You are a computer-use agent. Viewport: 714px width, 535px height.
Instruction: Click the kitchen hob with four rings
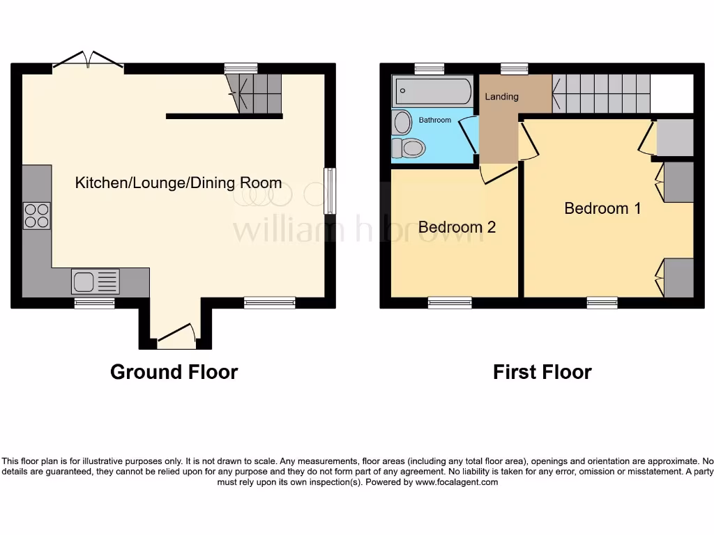point(37,215)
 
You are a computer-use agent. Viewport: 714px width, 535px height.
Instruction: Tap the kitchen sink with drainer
point(96,281)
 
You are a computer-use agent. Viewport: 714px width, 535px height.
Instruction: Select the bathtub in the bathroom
point(433,91)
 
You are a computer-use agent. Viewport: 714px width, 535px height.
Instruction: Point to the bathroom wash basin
point(402,123)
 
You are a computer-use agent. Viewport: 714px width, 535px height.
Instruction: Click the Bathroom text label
point(434,121)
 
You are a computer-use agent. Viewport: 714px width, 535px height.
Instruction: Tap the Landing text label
point(501,97)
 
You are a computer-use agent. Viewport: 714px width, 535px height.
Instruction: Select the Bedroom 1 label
point(602,208)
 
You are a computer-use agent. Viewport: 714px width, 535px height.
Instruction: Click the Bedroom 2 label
point(457,227)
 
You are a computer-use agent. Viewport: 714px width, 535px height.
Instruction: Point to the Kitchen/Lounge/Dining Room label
point(178,183)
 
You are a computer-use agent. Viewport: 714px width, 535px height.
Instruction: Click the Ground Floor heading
point(174,372)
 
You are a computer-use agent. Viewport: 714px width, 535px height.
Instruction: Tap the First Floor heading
point(542,372)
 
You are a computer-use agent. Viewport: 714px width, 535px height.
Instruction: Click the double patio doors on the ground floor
point(88,61)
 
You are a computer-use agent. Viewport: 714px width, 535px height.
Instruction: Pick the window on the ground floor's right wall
point(330,191)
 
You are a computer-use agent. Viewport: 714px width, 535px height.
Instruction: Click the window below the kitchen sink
point(95,302)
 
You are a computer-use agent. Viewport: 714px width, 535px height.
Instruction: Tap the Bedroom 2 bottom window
point(450,302)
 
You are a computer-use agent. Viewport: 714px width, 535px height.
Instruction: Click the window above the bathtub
point(425,68)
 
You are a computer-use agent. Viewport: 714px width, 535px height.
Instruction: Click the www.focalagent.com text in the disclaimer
point(457,482)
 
